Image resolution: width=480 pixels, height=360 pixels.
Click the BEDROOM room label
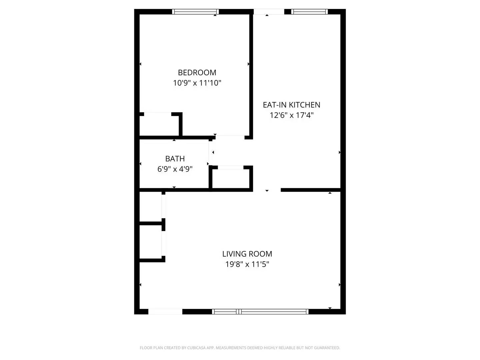197,72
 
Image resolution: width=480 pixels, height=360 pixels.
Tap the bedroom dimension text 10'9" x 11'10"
197,83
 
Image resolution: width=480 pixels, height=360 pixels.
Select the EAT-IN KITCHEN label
291,105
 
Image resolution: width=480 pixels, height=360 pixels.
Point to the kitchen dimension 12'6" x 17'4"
291,115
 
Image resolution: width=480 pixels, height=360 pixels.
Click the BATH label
175,159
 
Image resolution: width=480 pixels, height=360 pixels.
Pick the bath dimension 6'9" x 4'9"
175,169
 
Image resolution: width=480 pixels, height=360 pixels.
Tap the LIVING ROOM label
247,254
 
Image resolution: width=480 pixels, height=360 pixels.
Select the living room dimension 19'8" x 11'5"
247,264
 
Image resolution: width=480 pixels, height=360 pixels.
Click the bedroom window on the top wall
195,12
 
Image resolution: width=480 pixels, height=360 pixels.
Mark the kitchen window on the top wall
309,12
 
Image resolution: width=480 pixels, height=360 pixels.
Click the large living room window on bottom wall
260,312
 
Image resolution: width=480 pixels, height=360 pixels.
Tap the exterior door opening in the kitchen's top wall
269,12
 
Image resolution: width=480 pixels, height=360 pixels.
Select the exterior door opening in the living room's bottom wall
165,312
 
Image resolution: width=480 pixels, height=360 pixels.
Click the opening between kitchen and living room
267,190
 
